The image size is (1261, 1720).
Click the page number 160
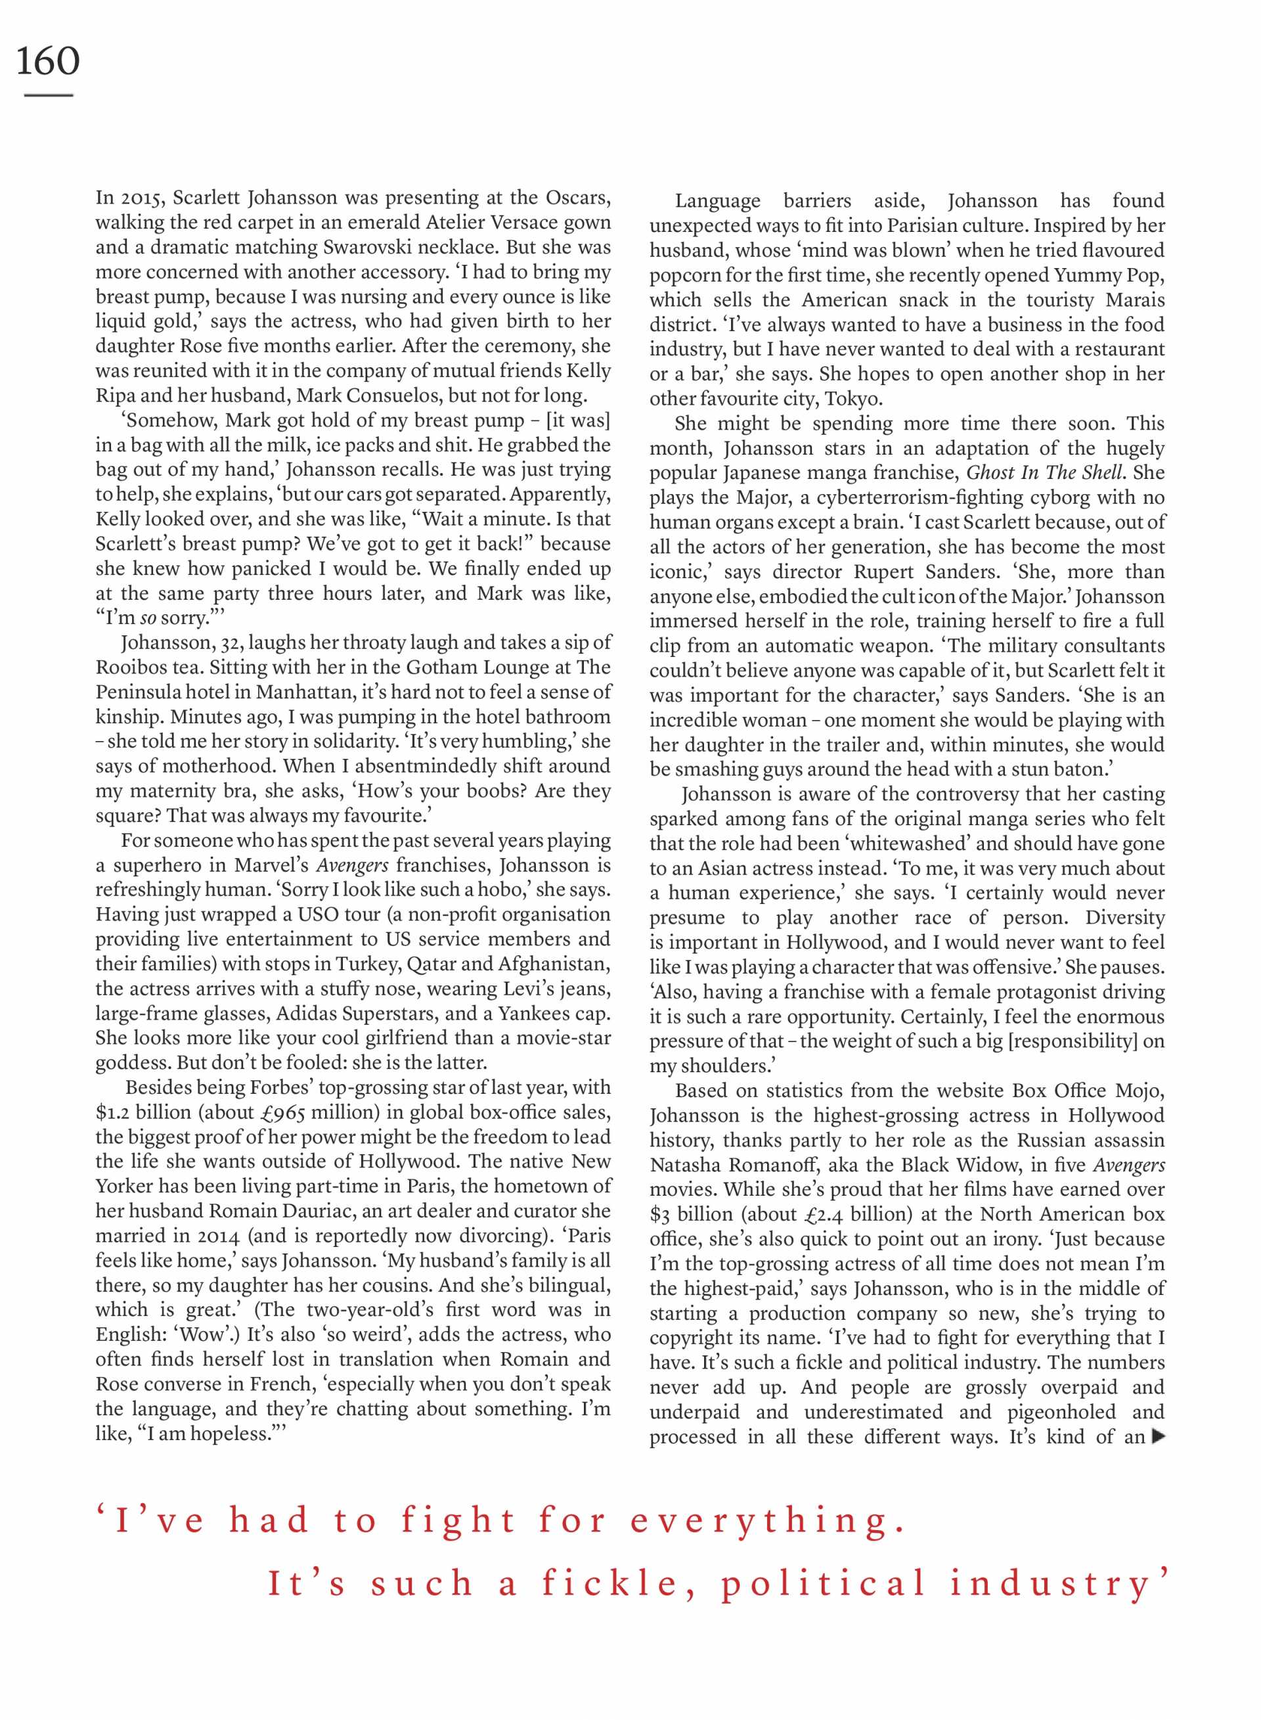pyautogui.click(x=47, y=61)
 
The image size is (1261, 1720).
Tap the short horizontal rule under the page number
pyautogui.click(x=48, y=95)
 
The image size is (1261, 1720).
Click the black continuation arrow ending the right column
pyautogui.click(x=1158, y=1436)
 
